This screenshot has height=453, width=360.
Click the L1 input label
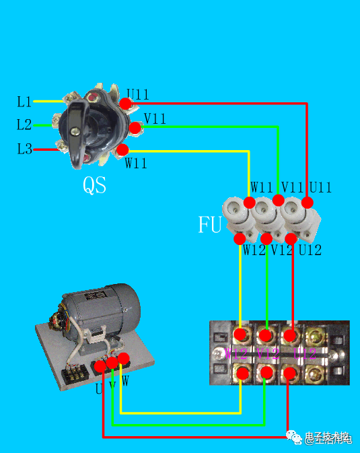pos(24,102)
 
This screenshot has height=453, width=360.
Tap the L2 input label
pos(24,125)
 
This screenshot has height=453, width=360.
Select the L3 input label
pos(24,149)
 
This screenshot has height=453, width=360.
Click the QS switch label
pos(95,185)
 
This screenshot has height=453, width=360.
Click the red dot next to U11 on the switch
pos(126,103)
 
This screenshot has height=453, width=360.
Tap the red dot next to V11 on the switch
pos(135,127)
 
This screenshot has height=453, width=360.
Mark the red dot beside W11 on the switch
pos(122,149)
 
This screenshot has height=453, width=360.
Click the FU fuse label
pos(210,225)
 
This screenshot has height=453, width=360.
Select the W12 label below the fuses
pos(254,250)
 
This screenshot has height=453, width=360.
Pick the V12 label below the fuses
pos(283,250)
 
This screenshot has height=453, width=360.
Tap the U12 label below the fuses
pos(310,250)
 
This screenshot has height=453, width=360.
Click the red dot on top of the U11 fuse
pos(308,202)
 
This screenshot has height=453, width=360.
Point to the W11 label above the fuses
pos(262,187)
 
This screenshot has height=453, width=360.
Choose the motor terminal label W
pos(125,381)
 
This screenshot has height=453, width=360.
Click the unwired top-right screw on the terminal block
pos(314,335)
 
